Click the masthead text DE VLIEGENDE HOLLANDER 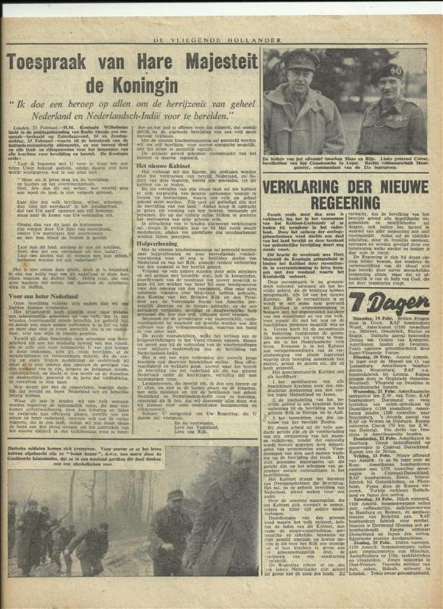[221, 40]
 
